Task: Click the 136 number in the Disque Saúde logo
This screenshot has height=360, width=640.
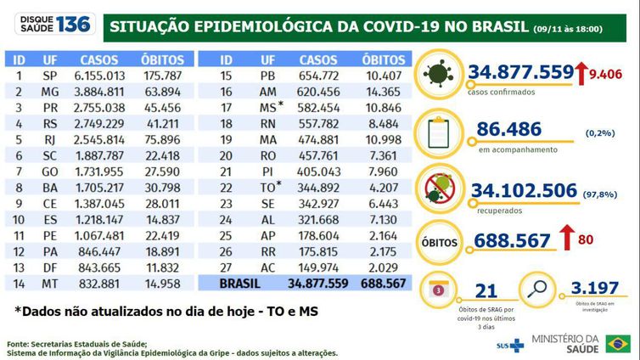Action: pyautogui.click(x=74, y=24)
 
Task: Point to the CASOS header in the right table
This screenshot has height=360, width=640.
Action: pyautogui.click(x=318, y=60)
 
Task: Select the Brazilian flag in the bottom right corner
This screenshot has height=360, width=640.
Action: pyautogui.click(x=617, y=344)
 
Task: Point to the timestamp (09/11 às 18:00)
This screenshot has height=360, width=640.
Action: pyautogui.click(x=568, y=29)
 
